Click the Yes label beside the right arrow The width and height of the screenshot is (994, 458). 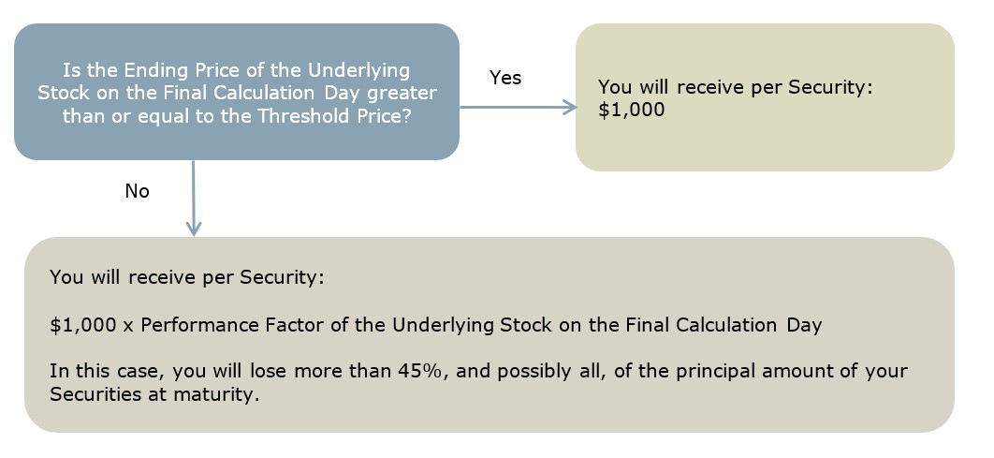click(505, 78)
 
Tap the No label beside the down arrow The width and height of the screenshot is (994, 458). click(137, 190)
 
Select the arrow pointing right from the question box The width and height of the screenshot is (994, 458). click(518, 107)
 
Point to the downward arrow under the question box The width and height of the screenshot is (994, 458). click(194, 198)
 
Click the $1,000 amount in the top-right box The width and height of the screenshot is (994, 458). click(632, 110)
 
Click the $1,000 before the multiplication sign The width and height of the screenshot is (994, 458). click(83, 325)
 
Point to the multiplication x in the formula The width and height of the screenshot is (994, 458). click(128, 326)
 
